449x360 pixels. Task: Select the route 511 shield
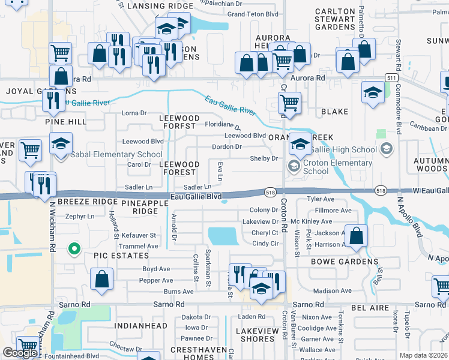click(391, 79)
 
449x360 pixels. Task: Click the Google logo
click(20, 353)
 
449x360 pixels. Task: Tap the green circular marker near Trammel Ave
click(74, 248)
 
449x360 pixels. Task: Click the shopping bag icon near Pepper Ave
click(101, 277)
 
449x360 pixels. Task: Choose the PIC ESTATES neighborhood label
click(120, 256)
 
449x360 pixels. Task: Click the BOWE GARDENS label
click(345, 262)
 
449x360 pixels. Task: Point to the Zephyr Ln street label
click(80, 216)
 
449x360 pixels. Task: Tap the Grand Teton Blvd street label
click(253, 14)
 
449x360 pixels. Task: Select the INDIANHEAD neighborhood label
click(142, 326)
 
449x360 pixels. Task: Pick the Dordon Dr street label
click(227, 146)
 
